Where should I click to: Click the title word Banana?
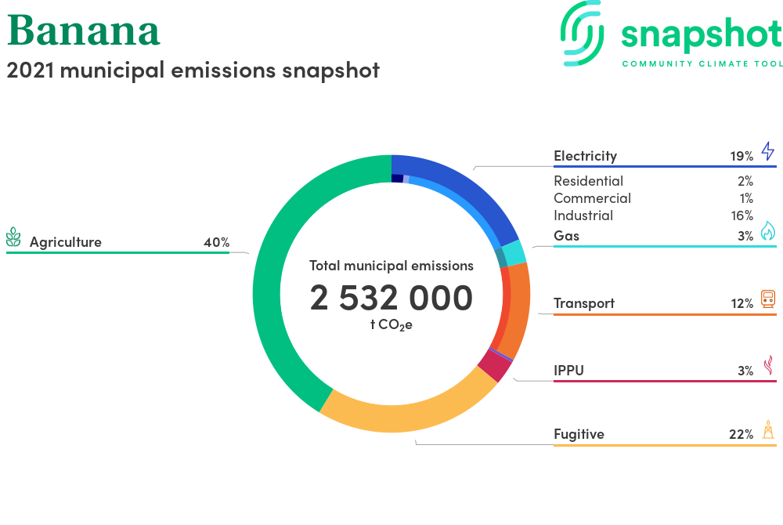click(84, 31)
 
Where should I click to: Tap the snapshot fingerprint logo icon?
click(583, 34)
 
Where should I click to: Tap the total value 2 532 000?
click(391, 298)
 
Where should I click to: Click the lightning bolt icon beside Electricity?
click(768, 151)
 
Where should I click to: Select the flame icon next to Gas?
click(768, 231)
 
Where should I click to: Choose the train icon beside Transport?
click(768, 299)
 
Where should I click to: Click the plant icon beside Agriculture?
click(13, 237)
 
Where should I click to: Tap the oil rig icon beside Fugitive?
click(769, 429)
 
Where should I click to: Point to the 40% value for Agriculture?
click(217, 242)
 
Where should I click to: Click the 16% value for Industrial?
click(742, 215)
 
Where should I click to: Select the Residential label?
click(588, 181)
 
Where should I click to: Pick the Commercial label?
click(592, 198)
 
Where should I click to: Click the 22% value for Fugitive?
click(741, 435)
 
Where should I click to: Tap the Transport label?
click(584, 303)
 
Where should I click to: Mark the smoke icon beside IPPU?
click(769, 365)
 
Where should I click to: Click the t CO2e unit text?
click(391, 325)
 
